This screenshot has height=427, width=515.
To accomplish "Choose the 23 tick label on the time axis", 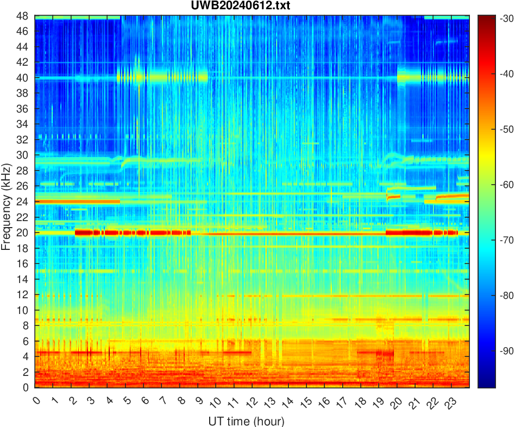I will [x=449, y=403].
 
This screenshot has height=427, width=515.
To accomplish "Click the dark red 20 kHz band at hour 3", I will [x=90, y=233].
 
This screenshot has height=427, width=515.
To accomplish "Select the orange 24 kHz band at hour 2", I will [x=72, y=202].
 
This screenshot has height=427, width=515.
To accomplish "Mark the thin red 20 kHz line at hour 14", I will [x=288, y=233].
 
